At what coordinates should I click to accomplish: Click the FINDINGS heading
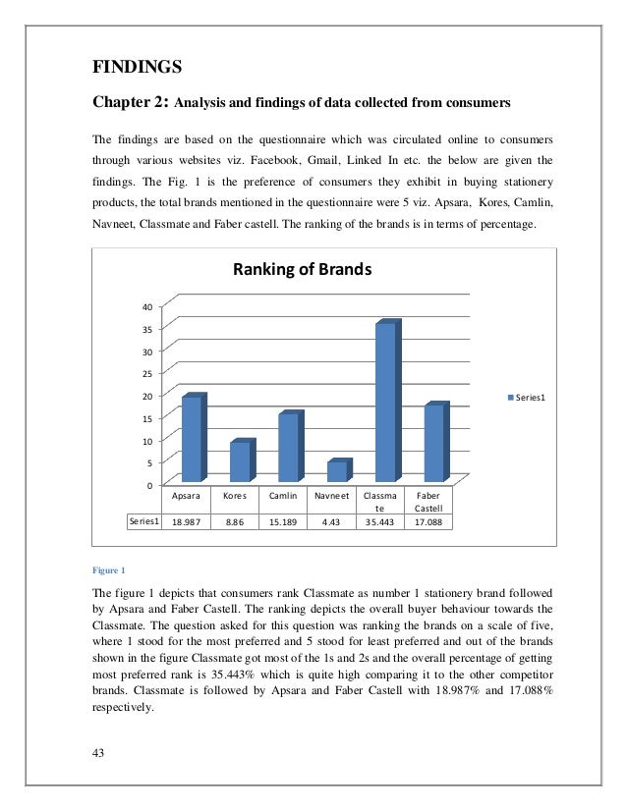click(x=137, y=67)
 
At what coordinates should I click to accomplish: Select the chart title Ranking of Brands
click(x=301, y=270)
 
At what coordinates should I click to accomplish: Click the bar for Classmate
click(x=386, y=404)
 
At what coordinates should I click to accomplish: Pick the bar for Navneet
click(x=337, y=472)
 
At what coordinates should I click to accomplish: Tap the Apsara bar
click(x=192, y=439)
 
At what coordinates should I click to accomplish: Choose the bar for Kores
click(x=240, y=461)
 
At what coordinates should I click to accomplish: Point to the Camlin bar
click(x=288, y=448)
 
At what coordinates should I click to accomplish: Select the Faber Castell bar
click(x=433, y=444)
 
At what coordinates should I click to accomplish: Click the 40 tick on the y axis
click(x=145, y=306)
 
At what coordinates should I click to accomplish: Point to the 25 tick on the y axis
click(x=145, y=374)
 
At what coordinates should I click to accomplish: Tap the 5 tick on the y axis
click(x=148, y=463)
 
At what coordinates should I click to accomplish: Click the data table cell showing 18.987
click(x=186, y=523)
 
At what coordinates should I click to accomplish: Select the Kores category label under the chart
click(x=235, y=497)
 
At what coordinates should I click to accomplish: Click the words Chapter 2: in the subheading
click(x=132, y=100)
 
